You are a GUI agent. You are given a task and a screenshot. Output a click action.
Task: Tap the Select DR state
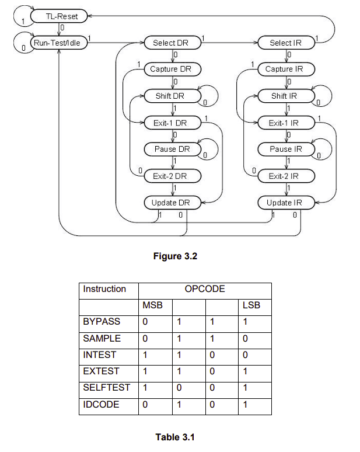(x=172, y=43)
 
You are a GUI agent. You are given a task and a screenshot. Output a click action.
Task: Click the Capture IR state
(x=286, y=69)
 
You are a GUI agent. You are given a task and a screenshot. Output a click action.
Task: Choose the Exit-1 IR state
(x=286, y=123)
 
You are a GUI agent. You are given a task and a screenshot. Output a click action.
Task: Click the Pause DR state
(x=172, y=149)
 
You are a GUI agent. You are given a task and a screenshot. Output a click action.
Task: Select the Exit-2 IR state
(x=286, y=176)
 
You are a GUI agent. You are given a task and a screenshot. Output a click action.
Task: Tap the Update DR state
(x=172, y=203)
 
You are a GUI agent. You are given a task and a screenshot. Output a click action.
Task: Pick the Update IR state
(x=286, y=203)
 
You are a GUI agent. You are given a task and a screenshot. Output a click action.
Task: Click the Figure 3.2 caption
(x=175, y=256)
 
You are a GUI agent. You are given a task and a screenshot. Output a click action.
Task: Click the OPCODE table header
(x=205, y=289)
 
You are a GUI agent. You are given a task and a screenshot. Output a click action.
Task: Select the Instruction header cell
(x=104, y=289)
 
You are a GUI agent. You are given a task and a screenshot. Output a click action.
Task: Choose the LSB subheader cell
(x=251, y=305)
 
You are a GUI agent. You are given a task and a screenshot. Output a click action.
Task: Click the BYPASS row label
(x=102, y=322)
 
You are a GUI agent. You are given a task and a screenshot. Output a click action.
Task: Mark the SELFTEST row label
(x=106, y=388)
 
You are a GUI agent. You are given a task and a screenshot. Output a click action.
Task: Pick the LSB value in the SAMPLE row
(x=245, y=339)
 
